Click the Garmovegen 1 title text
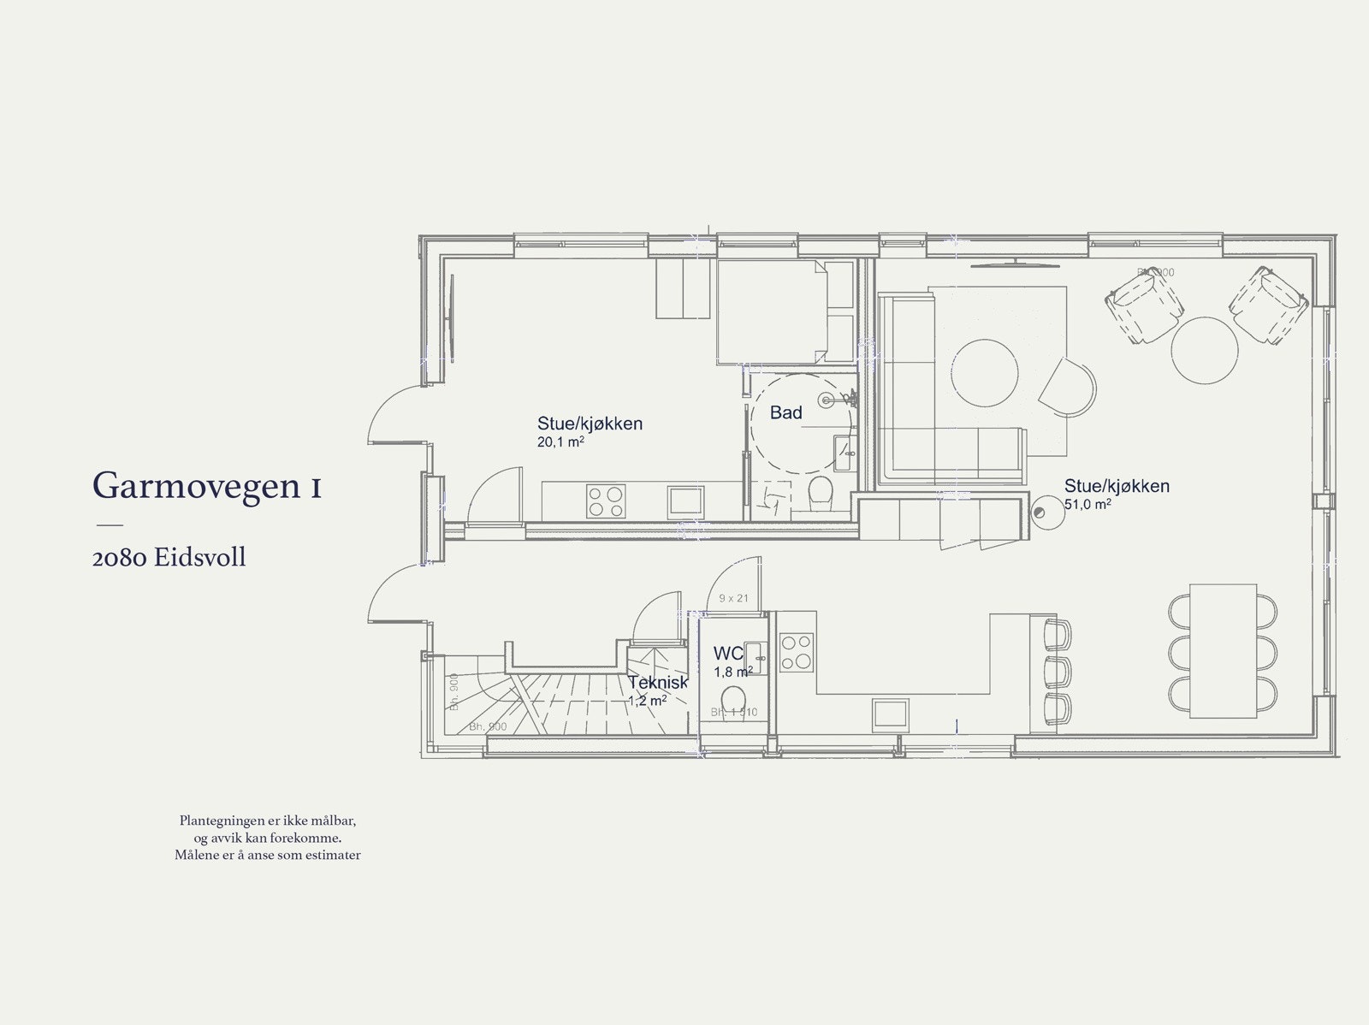tap(206, 485)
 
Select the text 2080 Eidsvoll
tap(169, 558)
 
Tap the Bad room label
tap(785, 412)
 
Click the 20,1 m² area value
tap(560, 442)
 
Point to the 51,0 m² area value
tap(1087, 505)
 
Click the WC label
tap(728, 654)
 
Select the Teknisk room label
tap(657, 683)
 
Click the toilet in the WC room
tap(733, 700)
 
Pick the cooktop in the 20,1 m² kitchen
tap(607, 500)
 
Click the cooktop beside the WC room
tap(797, 650)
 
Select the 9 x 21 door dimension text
tap(733, 598)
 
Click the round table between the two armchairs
tap(1204, 349)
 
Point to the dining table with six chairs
tap(1222, 650)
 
